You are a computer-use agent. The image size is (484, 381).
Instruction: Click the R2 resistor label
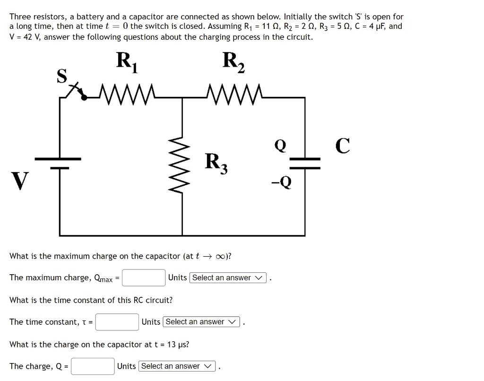(233, 62)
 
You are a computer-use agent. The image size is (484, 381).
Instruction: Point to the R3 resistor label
(216, 163)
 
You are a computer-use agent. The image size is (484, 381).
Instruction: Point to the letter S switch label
(61, 76)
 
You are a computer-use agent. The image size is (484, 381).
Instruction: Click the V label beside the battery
(19, 181)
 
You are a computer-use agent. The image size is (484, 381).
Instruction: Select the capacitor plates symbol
(304, 163)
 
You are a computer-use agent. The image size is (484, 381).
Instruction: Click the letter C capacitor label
(343, 146)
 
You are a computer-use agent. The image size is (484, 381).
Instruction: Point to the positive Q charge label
(280, 146)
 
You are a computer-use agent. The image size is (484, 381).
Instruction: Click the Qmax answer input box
(144, 278)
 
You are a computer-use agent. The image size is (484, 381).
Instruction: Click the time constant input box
(117, 322)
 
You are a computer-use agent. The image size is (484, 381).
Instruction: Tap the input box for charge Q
(93, 366)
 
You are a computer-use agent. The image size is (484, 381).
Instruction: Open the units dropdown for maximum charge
(227, 278)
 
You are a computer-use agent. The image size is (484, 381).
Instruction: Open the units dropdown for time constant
(201, 322)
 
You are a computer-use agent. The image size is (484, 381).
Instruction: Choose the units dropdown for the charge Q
(176, 366)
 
